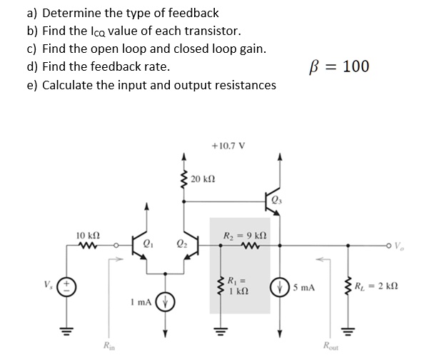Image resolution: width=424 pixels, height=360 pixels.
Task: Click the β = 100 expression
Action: coord(337,66)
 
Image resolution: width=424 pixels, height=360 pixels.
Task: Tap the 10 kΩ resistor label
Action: coord(87,235)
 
